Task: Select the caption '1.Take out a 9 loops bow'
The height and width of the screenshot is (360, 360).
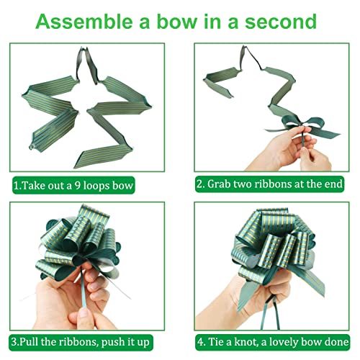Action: tap(73, 185)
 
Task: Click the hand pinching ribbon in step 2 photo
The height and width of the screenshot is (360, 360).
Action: tap(302, 148)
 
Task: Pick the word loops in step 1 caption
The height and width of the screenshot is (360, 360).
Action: tap(105, 185)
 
